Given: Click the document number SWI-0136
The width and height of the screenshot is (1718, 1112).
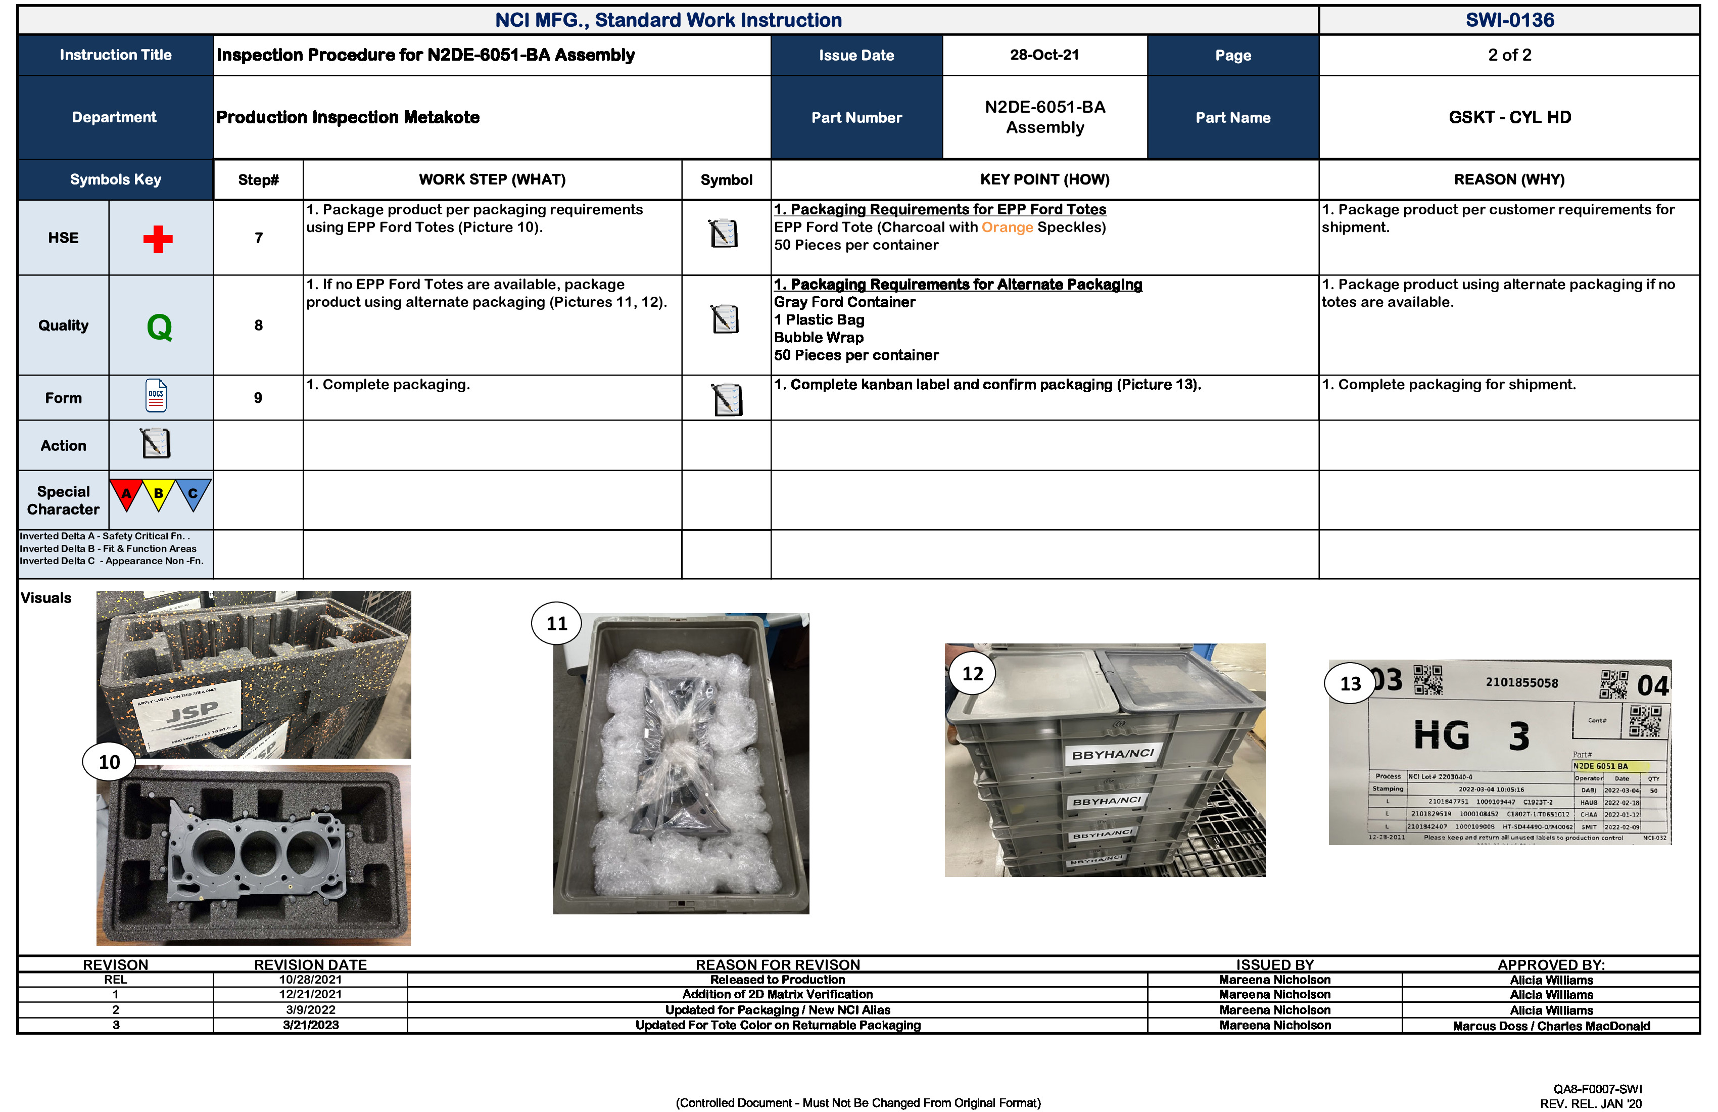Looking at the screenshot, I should tap(1509, 20).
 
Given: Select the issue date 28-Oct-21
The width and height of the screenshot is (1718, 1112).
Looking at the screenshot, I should tap(1044, 55).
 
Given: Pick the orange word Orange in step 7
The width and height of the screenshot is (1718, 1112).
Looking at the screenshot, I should tap(1007, 227).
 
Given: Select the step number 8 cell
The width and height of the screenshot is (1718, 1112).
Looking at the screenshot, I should tap(258, 325).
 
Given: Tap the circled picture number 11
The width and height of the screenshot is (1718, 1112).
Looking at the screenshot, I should tap(556, 623).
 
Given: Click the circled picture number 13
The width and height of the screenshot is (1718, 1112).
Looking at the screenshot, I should tap(1350, 683).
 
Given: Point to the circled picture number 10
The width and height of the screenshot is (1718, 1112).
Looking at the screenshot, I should tap(109, 762).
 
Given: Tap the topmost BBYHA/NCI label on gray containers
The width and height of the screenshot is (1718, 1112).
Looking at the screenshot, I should tap(1112, 754).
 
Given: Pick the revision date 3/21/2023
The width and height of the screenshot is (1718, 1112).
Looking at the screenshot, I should tap(310, 1026).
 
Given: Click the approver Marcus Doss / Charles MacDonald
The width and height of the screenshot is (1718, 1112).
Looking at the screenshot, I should tap(1551, 1026).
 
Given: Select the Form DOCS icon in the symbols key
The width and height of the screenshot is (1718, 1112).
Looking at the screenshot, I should tap(156, 396).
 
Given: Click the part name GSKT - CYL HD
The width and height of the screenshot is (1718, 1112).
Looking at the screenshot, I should tap(1509, 117).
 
